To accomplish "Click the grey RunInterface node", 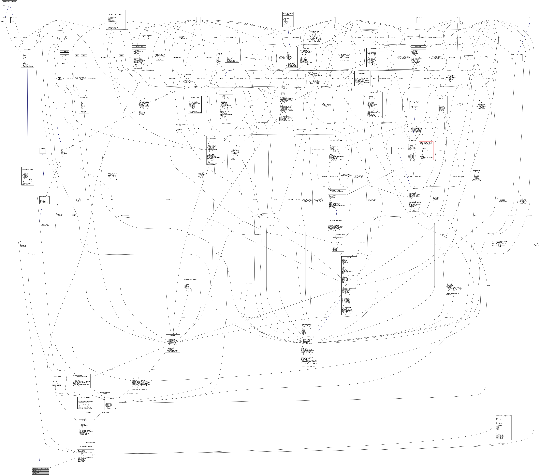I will [x=420, y=18].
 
